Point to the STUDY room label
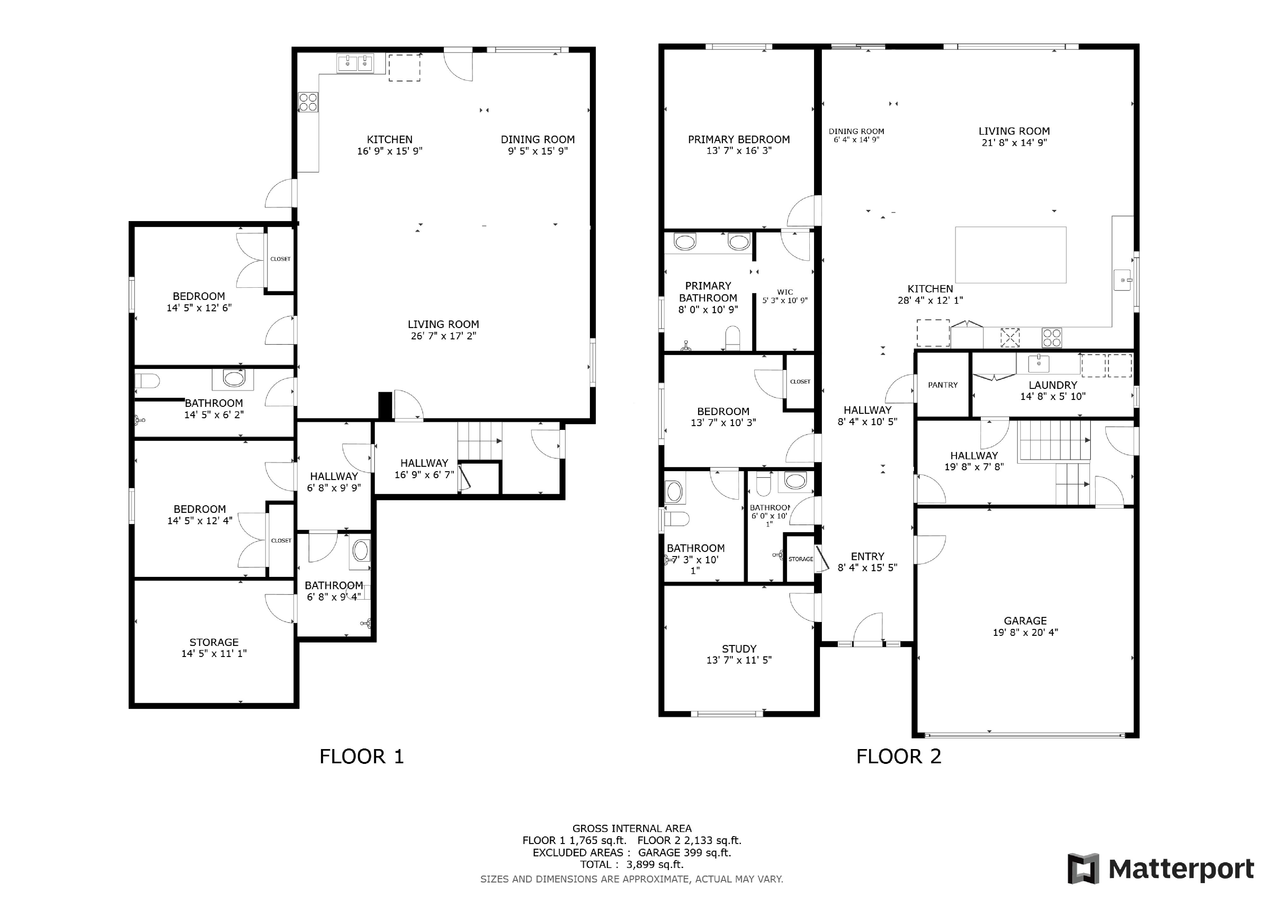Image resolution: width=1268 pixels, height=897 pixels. [739, 649]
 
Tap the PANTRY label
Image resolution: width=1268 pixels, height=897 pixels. [943, 385]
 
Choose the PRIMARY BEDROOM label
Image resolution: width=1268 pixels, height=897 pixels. [739, 140]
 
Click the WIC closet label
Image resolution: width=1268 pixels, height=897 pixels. [785, 292]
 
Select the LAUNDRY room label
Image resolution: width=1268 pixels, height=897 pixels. [1053, 385]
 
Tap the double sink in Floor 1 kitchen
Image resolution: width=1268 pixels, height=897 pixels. [355, 63]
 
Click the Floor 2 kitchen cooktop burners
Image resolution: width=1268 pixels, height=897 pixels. [1051, 337]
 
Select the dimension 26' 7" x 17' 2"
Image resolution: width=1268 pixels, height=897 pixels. [444, 336]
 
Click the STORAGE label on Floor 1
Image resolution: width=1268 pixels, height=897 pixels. [214, 642]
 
